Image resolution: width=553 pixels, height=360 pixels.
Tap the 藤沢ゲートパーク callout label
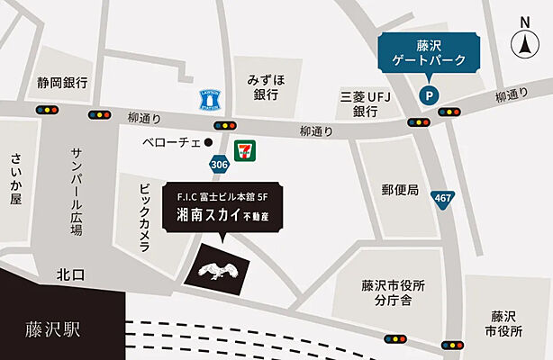[x=428, y=52]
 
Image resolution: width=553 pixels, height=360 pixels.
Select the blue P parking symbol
[x=430, y=92]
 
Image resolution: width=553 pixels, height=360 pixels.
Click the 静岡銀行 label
[x=63, y=83]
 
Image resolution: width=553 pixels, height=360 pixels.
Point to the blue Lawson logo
[x=208, y=98]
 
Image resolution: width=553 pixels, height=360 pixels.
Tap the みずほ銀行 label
[x=267, y=86]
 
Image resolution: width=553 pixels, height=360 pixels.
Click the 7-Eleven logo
[x=243, y=150]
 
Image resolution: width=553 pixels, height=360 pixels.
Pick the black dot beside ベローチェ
[x=207, y=142]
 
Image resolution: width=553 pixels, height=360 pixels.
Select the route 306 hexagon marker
[x=219, y=165]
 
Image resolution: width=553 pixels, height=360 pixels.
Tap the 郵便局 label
[x=400, y=190]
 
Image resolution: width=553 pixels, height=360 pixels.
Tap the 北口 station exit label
[x=69, y=274]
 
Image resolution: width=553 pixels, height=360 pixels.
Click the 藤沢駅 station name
[x=53, y=328]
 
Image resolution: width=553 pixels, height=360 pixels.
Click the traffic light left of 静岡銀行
[x=47, y=109]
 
